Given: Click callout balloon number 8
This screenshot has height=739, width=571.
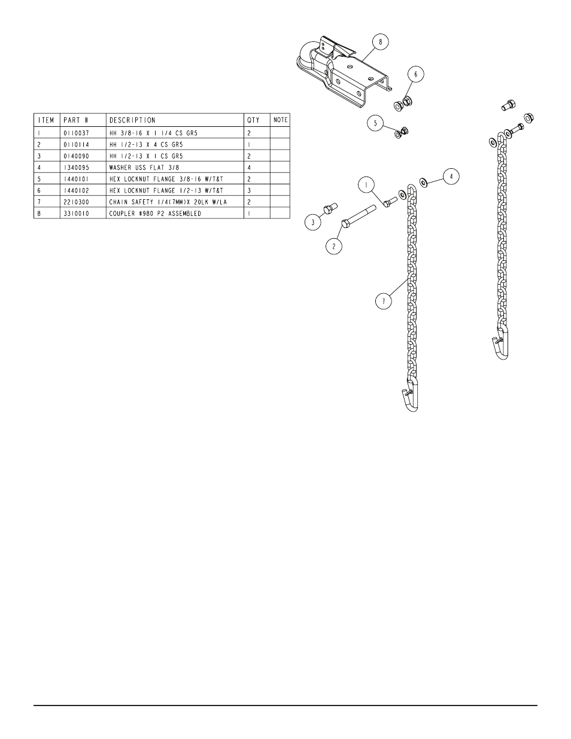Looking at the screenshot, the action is pos(380,42).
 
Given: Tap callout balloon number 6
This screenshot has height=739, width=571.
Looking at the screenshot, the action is pos(415,74).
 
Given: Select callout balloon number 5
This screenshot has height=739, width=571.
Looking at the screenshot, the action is pos(375,123).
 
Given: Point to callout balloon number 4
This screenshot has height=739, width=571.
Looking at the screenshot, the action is pos(451,177).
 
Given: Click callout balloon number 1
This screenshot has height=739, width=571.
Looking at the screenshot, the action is pos(366,185).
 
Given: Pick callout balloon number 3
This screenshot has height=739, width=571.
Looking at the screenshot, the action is pos(313,223).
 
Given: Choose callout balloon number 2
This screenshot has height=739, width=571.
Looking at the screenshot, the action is pos(333,246).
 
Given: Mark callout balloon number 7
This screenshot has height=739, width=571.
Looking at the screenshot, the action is pos(384,301).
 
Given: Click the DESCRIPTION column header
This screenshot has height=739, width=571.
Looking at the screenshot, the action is pos(132,120).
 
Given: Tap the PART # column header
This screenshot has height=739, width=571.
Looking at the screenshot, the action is pos(76,120).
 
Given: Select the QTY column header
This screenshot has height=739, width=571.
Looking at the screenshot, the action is pos(253,120).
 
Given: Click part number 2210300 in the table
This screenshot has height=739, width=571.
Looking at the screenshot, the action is pos(76,202).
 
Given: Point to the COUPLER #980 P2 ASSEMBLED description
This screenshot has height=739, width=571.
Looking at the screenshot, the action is pos(155,214).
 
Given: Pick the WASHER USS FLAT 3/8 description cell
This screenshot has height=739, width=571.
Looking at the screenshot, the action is pos(144,168).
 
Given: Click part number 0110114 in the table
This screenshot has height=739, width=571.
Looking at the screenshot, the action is pos(76,145).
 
